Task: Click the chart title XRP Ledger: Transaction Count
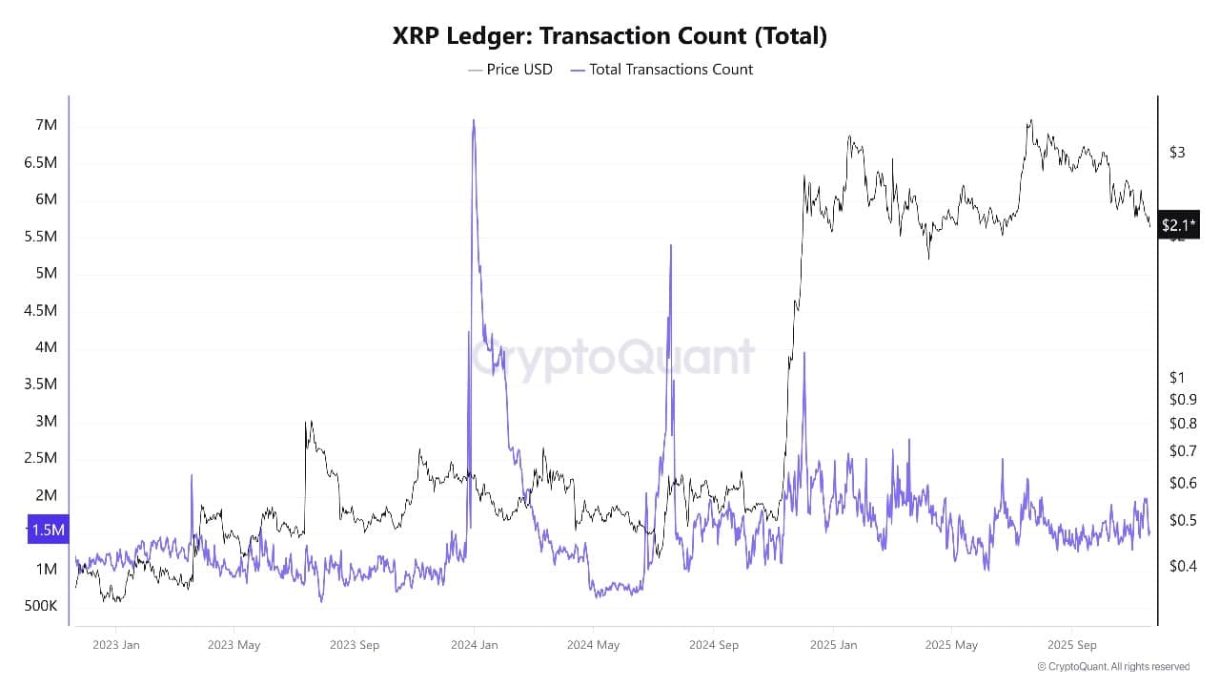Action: pos(610,36)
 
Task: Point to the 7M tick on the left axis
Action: pos(46,126)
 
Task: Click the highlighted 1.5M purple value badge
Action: pos(47,531)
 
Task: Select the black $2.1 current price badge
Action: pos(1178,225)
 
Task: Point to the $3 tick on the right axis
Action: pos(1177,153)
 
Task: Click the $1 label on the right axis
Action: pos(1177,378)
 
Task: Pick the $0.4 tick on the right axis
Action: pos(1182,566)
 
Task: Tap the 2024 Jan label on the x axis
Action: pos(474,644)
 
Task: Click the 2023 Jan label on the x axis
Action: pos(116,644)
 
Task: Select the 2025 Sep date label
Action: pos(1072,644)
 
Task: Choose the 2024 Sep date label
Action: pos(714,644)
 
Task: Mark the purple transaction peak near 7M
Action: pos(474,120)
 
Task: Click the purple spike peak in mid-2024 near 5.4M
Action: pos(671,245)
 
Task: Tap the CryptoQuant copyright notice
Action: pos(1113,667)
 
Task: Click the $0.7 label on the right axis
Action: pos(1182,450)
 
